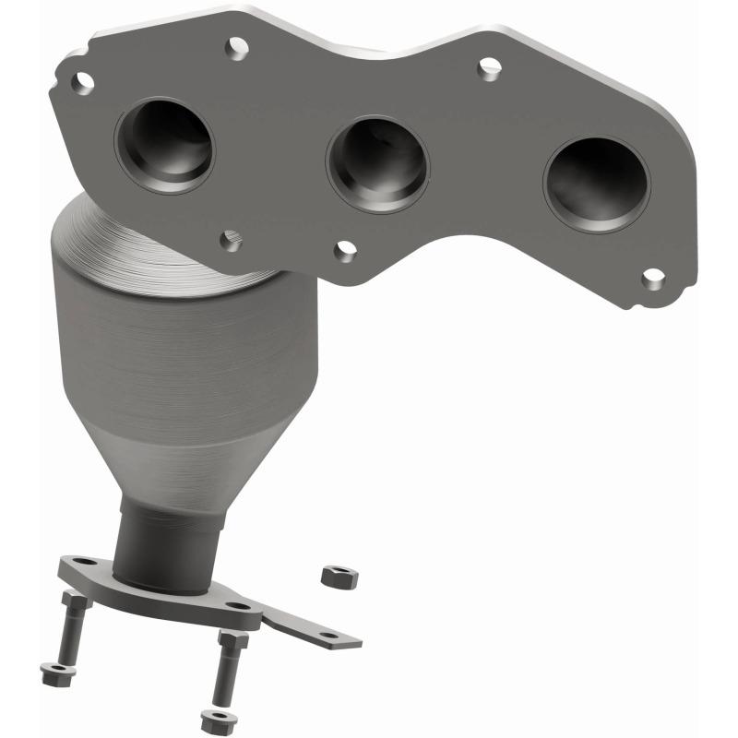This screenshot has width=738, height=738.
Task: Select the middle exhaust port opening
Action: (x=377, y=163)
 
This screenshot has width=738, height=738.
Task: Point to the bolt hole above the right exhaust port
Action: (x=488, y=67)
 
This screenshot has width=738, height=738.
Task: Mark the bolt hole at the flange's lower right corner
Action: (x=652, y=276)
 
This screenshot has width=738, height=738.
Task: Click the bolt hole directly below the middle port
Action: (x=345, y=249)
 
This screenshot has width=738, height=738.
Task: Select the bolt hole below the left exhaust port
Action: (x=231, y=242)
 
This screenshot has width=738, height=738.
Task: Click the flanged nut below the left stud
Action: (x=53, y=673)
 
